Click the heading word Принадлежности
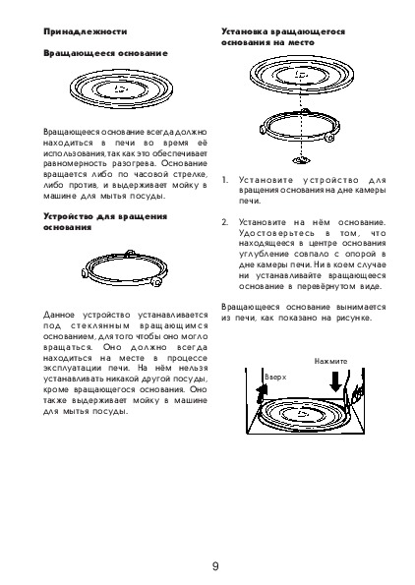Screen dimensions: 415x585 (86, 31)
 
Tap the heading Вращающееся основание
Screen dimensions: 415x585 (105, 53)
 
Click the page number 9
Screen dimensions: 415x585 (215, 566)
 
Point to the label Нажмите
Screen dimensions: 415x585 (330, 361)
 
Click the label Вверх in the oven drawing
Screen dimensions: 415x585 (275, 378)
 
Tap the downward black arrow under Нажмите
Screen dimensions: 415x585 (336, 381)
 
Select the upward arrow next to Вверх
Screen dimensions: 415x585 (262, 393)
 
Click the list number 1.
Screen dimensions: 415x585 (224, 180)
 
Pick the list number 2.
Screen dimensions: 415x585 (224, 223)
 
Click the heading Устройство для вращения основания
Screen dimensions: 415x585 (105, 222)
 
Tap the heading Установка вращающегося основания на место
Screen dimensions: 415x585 (283, 37)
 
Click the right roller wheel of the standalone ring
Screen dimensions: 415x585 (156, 281)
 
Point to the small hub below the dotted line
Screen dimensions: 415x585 (302, 160)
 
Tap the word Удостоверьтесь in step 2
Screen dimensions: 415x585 (276, 234)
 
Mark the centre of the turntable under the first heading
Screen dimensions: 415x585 (121, 89)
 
